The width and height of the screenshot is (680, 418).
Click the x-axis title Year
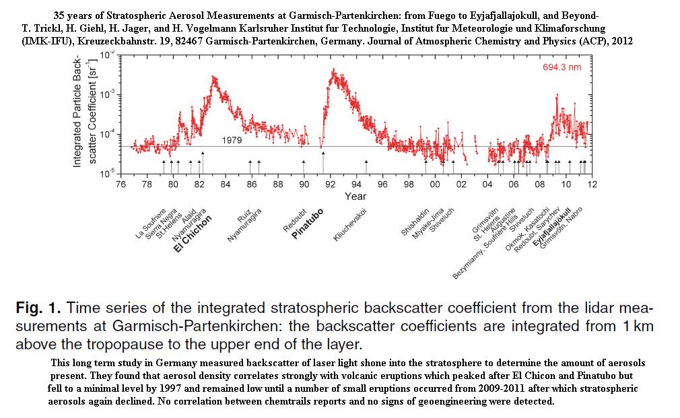pos(355,196)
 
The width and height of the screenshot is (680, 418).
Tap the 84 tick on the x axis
pos(225,184)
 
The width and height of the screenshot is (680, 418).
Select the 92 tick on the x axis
pos(330,184)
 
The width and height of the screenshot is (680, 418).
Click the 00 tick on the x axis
pos(435,184)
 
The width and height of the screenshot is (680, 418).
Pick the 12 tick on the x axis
pos(592,184)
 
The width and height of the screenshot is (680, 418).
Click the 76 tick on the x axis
pos(121,184)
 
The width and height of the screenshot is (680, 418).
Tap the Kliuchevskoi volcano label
pos(351,228)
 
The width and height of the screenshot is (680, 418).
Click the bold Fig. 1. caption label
pos(38,310)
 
